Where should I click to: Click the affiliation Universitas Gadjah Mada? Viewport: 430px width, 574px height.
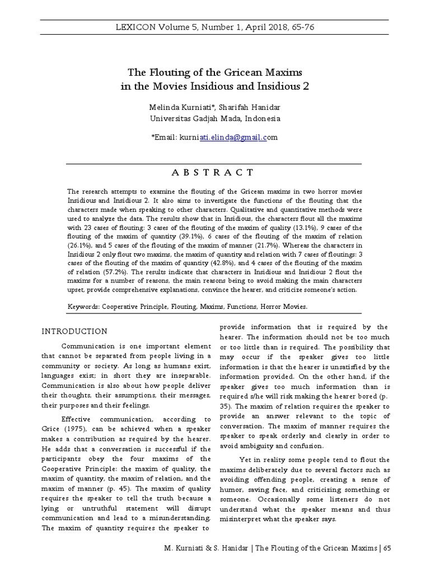(193, 118)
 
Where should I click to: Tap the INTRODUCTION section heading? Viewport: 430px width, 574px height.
(74, 331)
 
